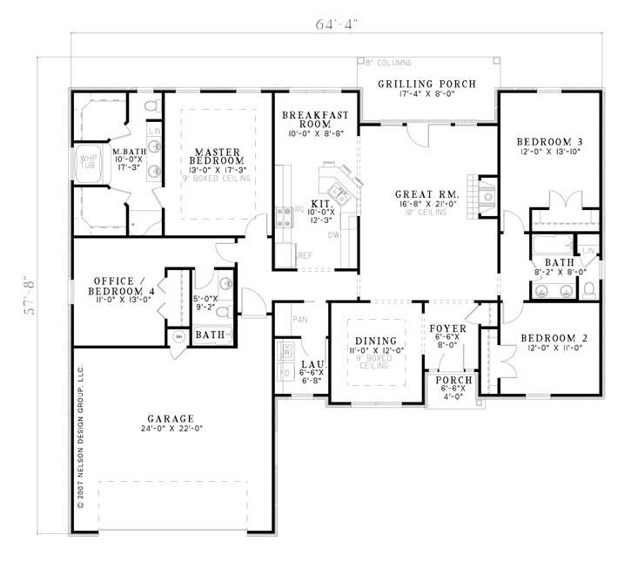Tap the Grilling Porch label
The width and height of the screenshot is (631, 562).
426,84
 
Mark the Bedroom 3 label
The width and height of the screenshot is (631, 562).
549,142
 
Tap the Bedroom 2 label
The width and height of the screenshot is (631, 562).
550,338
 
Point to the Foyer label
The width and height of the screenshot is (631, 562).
449,328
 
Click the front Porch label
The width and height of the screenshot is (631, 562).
451,381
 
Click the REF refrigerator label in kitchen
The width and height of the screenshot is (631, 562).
305,255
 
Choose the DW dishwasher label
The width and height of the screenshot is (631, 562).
334,234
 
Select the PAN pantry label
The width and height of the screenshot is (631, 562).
299,320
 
